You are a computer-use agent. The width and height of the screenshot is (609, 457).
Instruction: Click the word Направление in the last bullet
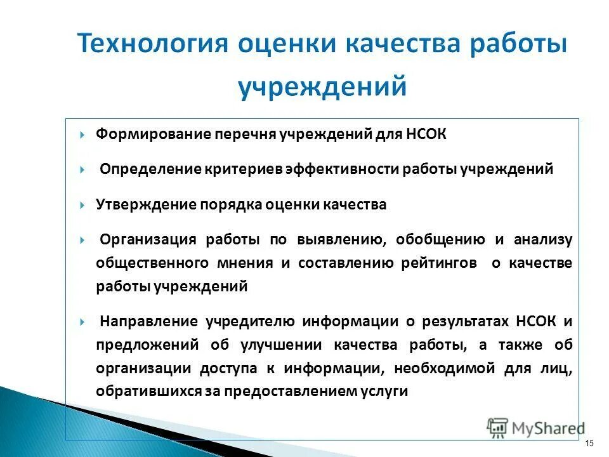click(x=150, y=321)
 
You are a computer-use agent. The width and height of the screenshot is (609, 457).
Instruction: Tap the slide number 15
click(x=589, y=442)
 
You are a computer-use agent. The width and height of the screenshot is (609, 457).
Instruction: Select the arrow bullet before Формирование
click(x=84, y=135)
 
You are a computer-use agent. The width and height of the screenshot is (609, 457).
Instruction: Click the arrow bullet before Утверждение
click(x=84, y=206)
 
